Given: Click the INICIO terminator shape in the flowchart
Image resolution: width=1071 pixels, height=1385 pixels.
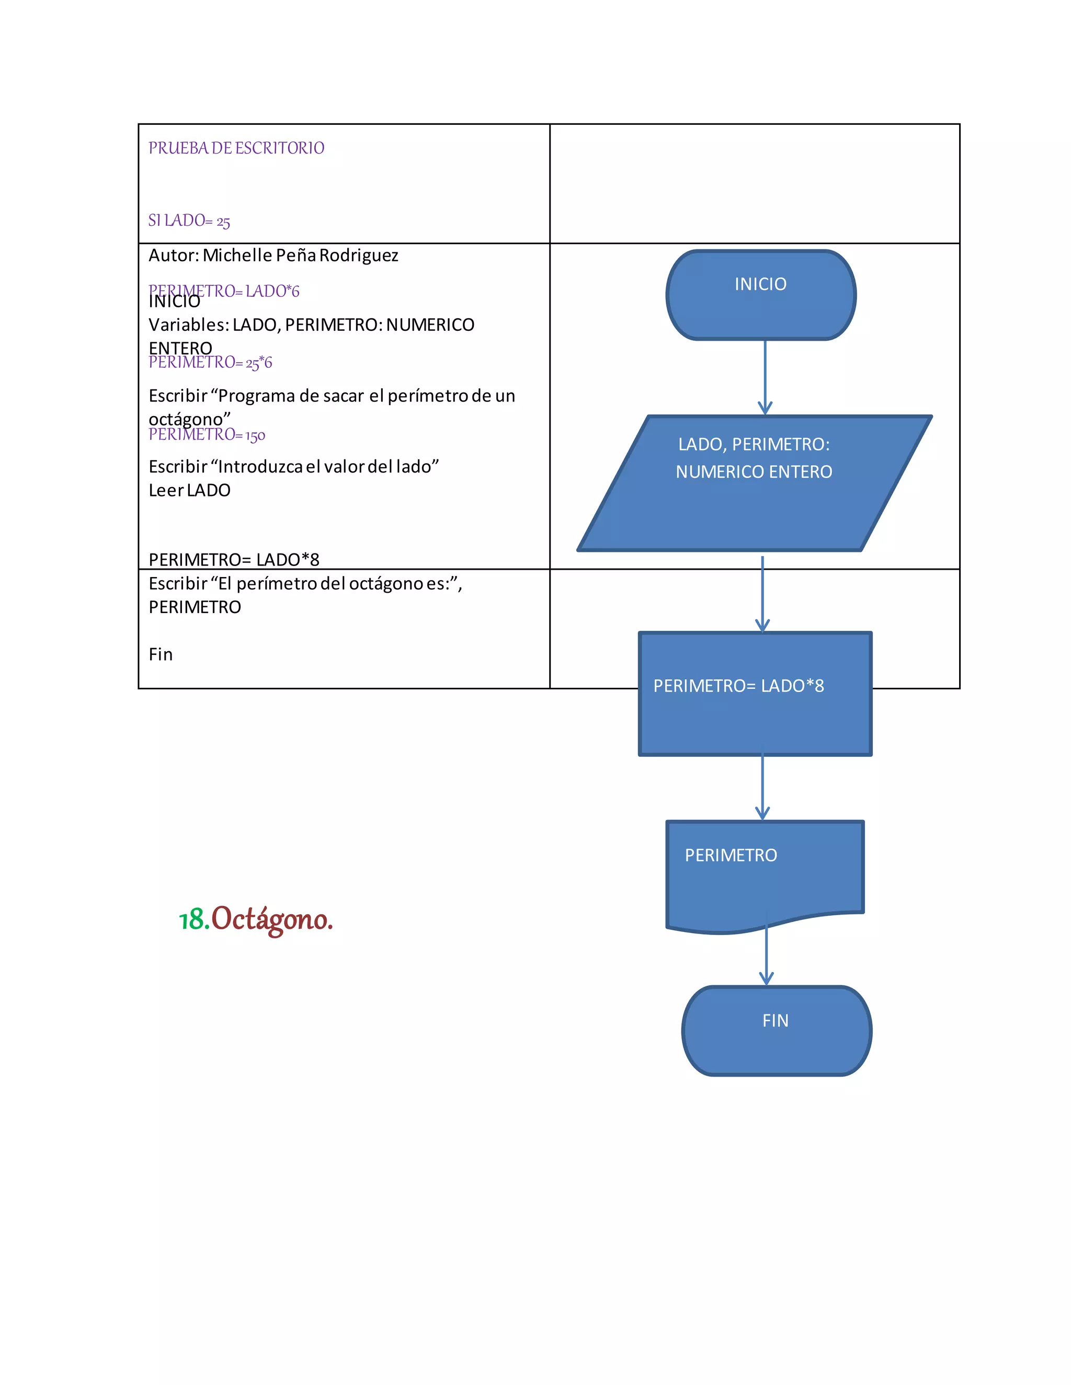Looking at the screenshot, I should pyautogui.click(x=761, y=295).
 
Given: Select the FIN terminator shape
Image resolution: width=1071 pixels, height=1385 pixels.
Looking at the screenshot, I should pyautogui.click(x=776, y=1031).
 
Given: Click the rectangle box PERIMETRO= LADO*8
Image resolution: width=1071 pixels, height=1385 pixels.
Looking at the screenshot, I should pyautogui.click(x=755, y=694).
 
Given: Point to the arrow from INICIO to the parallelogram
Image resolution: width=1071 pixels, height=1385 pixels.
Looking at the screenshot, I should pyautogui.click(x=765, y=378).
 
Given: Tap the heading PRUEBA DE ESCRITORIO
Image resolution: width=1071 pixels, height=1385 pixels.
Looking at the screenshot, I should pyautogui.click(x=236, y=148).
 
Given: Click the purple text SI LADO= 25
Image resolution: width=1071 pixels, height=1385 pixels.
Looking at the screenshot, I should pyautogui.click(x=189, y=221).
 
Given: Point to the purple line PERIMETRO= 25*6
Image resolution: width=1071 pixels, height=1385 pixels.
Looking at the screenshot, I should pyautogui.click(x=210, y=363).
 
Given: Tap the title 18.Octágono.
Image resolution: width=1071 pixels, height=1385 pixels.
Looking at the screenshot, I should pyautogui.click(x=256, y=919).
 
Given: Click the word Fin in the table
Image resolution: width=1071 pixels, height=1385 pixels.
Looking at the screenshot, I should pyautogui.click(x=161, y=654).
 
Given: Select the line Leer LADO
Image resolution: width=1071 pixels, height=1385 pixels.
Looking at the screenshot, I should pyautogui.click(x=189, y=490).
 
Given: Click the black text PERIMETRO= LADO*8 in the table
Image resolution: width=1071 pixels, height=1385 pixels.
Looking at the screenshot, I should pyautogui.click(x=233, y=559).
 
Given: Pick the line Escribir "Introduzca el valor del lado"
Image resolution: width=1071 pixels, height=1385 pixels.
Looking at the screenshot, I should pyautogui.click(x=293, y=467).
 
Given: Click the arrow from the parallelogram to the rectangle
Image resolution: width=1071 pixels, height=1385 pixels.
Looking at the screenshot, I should pyautogui.click(x=762, y=594).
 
